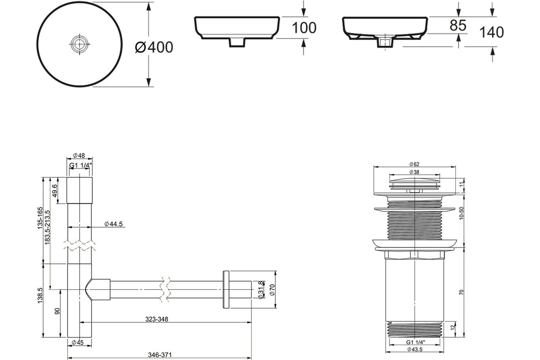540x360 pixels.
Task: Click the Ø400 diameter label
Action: tap(154, 47)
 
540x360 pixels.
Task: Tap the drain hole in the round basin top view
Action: tap(79, 44)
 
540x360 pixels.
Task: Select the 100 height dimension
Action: tap(304, 28)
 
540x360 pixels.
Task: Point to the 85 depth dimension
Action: tap(458, 25)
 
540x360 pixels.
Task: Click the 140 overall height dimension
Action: tap(492, 32)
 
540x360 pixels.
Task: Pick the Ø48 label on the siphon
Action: tap(79, 156)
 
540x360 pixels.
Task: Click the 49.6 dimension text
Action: tap(55, 190)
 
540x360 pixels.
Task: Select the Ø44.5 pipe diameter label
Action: tap(113, 224)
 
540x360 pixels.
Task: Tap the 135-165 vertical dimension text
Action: tap(40, 218)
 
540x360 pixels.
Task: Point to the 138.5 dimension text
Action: tap(40, 295)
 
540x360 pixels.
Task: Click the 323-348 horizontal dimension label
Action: tap(157, 319)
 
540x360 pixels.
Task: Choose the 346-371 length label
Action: tap(160, 355)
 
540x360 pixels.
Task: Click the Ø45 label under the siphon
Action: tap(77, 342)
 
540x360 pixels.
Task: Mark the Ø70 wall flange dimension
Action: tap(272, 290)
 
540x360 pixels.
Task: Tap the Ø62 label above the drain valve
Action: tap(414, 164)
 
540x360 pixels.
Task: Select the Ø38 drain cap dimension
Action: tap(414, 172)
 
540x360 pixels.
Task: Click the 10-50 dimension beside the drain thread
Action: tap(461, 213)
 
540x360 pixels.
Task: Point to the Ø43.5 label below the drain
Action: tap(414, 349)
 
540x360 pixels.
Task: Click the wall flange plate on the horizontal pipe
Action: tap(226, 290)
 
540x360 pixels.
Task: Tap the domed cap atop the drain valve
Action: tap(414, 180)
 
